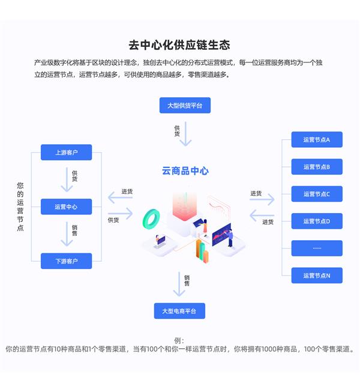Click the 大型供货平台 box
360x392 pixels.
point(185,105)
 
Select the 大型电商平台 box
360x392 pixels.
point(179,311)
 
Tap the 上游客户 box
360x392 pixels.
point(66,152)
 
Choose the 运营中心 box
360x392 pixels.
point(66,207)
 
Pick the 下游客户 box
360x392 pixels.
point(66,261)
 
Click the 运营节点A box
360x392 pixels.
point(317,139)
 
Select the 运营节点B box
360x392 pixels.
point(317,167)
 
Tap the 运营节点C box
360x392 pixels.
point(317,194)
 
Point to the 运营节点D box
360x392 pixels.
point(317,222)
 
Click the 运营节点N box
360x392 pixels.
point(317,276)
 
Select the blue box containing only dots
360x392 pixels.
point(317,249)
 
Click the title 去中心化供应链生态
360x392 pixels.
point(179,45)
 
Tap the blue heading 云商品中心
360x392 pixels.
point(185,171)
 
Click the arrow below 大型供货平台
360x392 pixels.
point(185,134)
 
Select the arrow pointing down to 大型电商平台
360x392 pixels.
point(179,284)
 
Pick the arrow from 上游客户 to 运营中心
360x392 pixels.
point(67,179)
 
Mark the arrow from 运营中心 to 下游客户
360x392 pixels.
point(67,234)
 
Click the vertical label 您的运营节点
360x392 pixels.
point(20,207)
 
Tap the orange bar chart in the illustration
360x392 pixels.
point(202,252)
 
